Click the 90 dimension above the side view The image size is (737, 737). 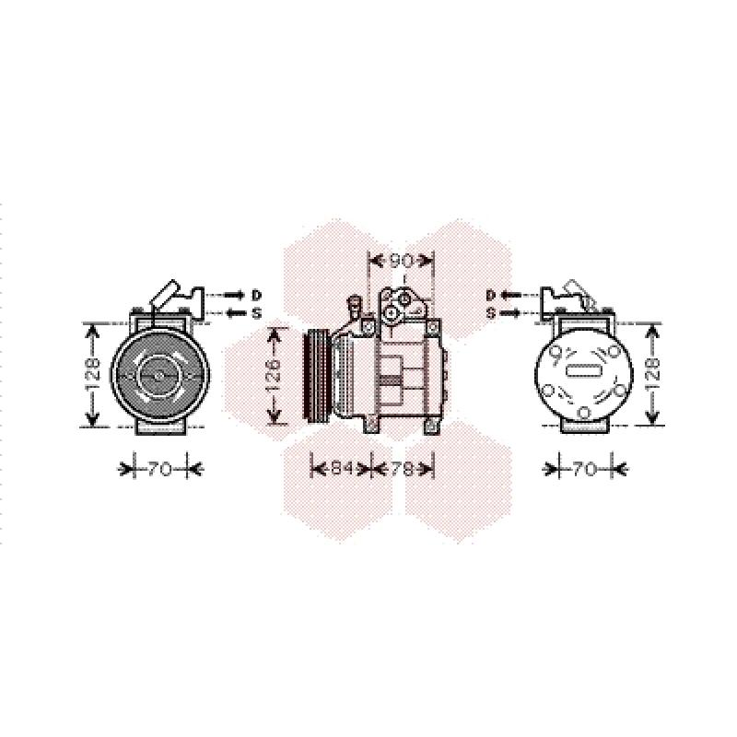(x=401, y=261)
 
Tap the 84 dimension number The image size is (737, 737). (x=342, y=468)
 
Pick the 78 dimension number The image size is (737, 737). (x=402, y=468)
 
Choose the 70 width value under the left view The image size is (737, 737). (x=159, y=469)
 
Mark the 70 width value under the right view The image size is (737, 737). (x=585, y=469)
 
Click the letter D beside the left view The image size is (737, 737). (x=256, y=295)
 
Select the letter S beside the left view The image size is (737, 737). (x=256, y=313)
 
